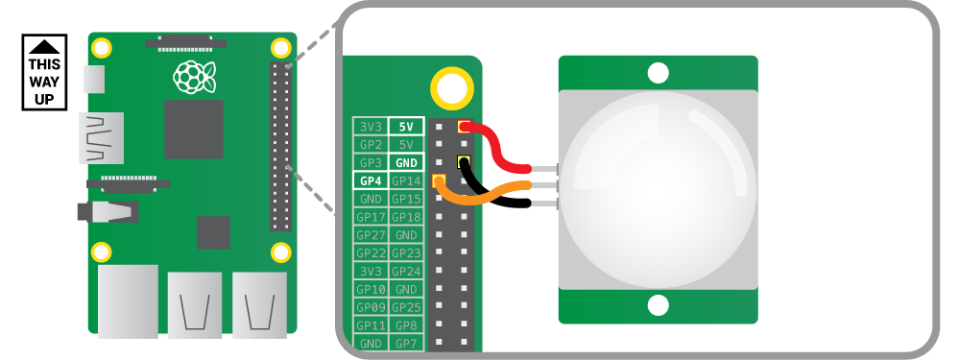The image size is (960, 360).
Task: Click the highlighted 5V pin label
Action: [406, 127]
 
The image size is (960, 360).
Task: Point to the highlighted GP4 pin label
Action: [370, 180]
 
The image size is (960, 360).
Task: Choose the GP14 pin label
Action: [406, 180]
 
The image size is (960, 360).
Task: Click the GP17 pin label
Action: [370, 217]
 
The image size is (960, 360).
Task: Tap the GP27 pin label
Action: [370, 235]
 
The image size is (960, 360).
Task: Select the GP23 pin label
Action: [406, 253]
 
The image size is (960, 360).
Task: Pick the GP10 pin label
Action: [370, 289]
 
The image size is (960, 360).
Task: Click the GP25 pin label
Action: [406, 307]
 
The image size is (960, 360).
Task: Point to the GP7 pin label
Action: [406, 343]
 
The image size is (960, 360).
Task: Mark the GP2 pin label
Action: [370, 145]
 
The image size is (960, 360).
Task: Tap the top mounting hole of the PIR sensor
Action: [658, 72]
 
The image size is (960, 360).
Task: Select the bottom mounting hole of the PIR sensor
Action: [658, 305]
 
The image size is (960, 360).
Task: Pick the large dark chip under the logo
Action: [193, 129]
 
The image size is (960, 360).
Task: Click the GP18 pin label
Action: [406, 217]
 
